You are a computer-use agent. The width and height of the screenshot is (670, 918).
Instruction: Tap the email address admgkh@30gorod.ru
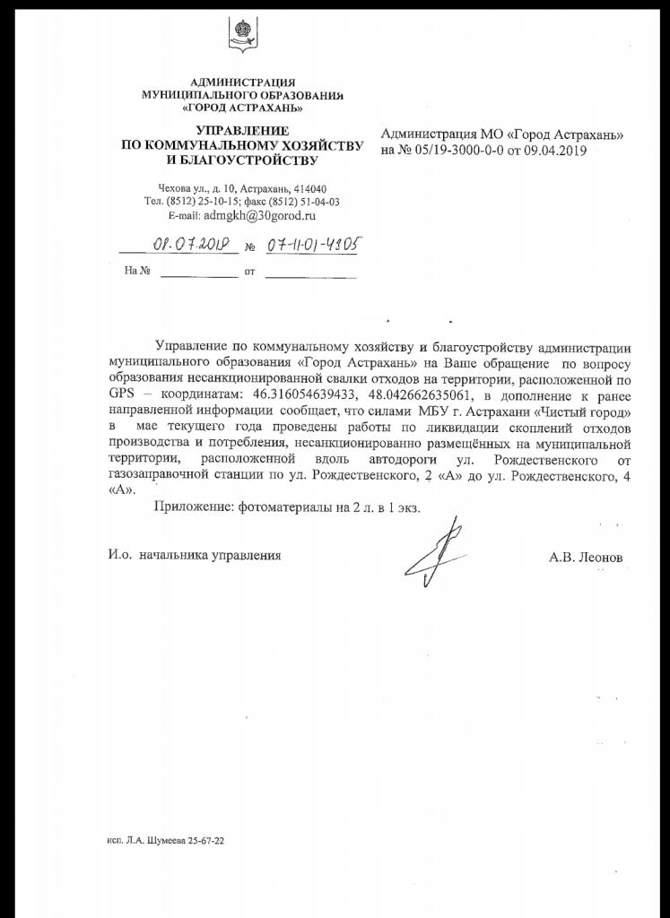click(260, 216)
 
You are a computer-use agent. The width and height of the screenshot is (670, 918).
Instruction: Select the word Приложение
click(194, 507)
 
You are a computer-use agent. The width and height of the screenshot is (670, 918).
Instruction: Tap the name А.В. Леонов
click(586, 557)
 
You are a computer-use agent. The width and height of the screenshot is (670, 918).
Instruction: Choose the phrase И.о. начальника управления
click(189, 556)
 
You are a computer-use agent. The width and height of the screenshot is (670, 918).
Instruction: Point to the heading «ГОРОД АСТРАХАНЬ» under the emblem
click(242, 108)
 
